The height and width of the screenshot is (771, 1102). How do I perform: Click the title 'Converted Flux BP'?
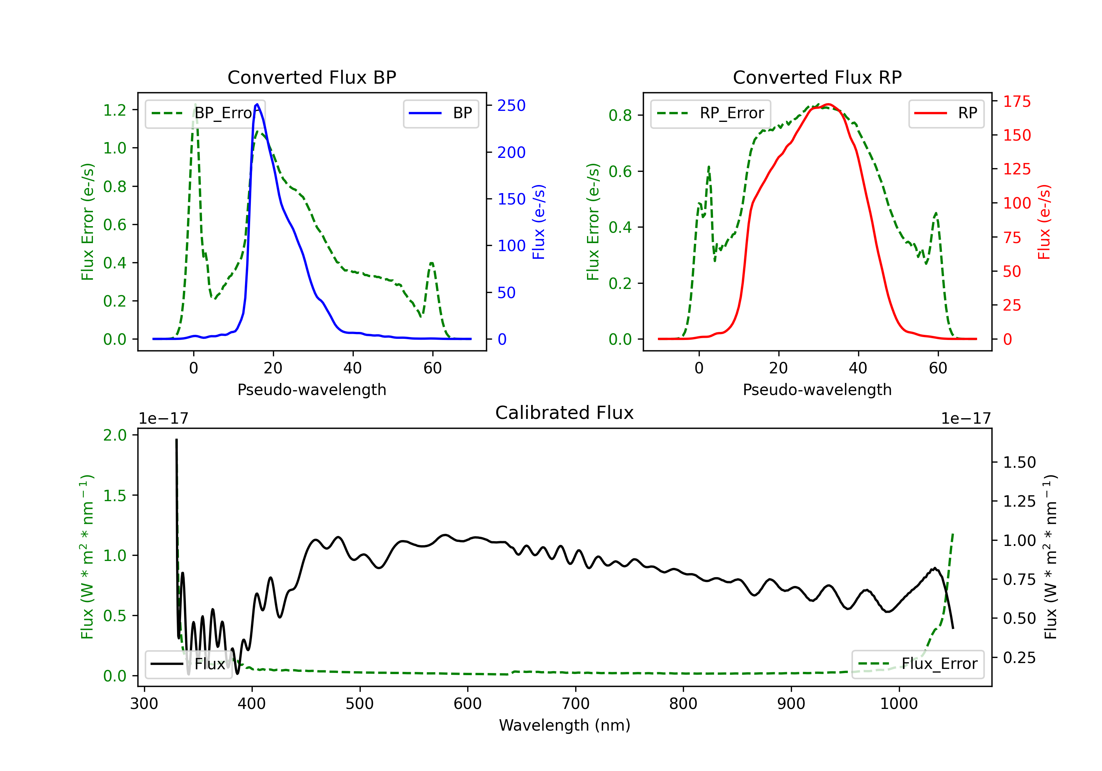(x=311, y=77)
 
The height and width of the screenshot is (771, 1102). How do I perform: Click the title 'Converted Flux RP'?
(x=817, y=77)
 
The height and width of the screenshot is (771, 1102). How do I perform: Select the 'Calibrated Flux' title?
(x=565, y=413)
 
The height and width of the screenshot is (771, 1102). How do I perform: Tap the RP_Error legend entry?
(x=710, y=113)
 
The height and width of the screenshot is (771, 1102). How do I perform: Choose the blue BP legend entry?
(x=440, y=113)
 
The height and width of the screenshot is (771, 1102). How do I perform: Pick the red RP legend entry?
(x=946, y=113)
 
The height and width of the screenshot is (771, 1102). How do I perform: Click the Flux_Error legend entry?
(x=917, y=664)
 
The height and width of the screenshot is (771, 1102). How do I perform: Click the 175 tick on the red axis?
(x=1016, y=101)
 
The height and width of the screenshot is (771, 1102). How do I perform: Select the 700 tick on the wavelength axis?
(x=575, y=704)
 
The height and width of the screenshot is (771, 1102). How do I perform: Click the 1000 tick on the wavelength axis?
(x=898, y=704)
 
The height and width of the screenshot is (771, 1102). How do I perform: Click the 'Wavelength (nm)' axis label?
(x=565, y=725)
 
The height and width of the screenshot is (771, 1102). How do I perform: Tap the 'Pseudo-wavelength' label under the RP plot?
(x=817, y=390)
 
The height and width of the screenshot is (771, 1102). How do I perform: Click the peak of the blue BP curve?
(x=257, y=104)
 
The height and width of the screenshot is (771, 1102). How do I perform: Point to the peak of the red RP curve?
(x=828, y=104)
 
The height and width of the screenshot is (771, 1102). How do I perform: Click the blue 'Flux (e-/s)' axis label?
(x=539, y=222)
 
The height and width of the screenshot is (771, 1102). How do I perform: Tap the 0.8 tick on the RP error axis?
(x=620, y=115)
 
